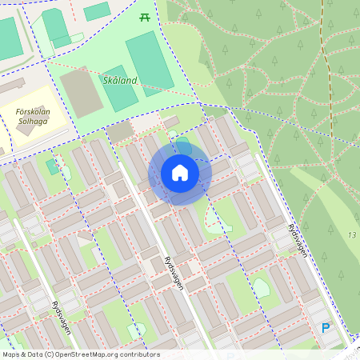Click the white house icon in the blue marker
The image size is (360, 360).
point(180,172)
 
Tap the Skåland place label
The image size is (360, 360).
point(120,80)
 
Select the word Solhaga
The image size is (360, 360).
point(33,124)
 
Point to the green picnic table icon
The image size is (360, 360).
point(145,17)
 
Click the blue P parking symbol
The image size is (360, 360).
point(325,327)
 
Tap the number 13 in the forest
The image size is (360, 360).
point(351,235)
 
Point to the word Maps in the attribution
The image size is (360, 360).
point(11,354)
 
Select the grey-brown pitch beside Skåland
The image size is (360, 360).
point(82,91)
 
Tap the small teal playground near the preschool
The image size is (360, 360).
point(52,166)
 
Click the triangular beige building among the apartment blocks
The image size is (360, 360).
point(85,235)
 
